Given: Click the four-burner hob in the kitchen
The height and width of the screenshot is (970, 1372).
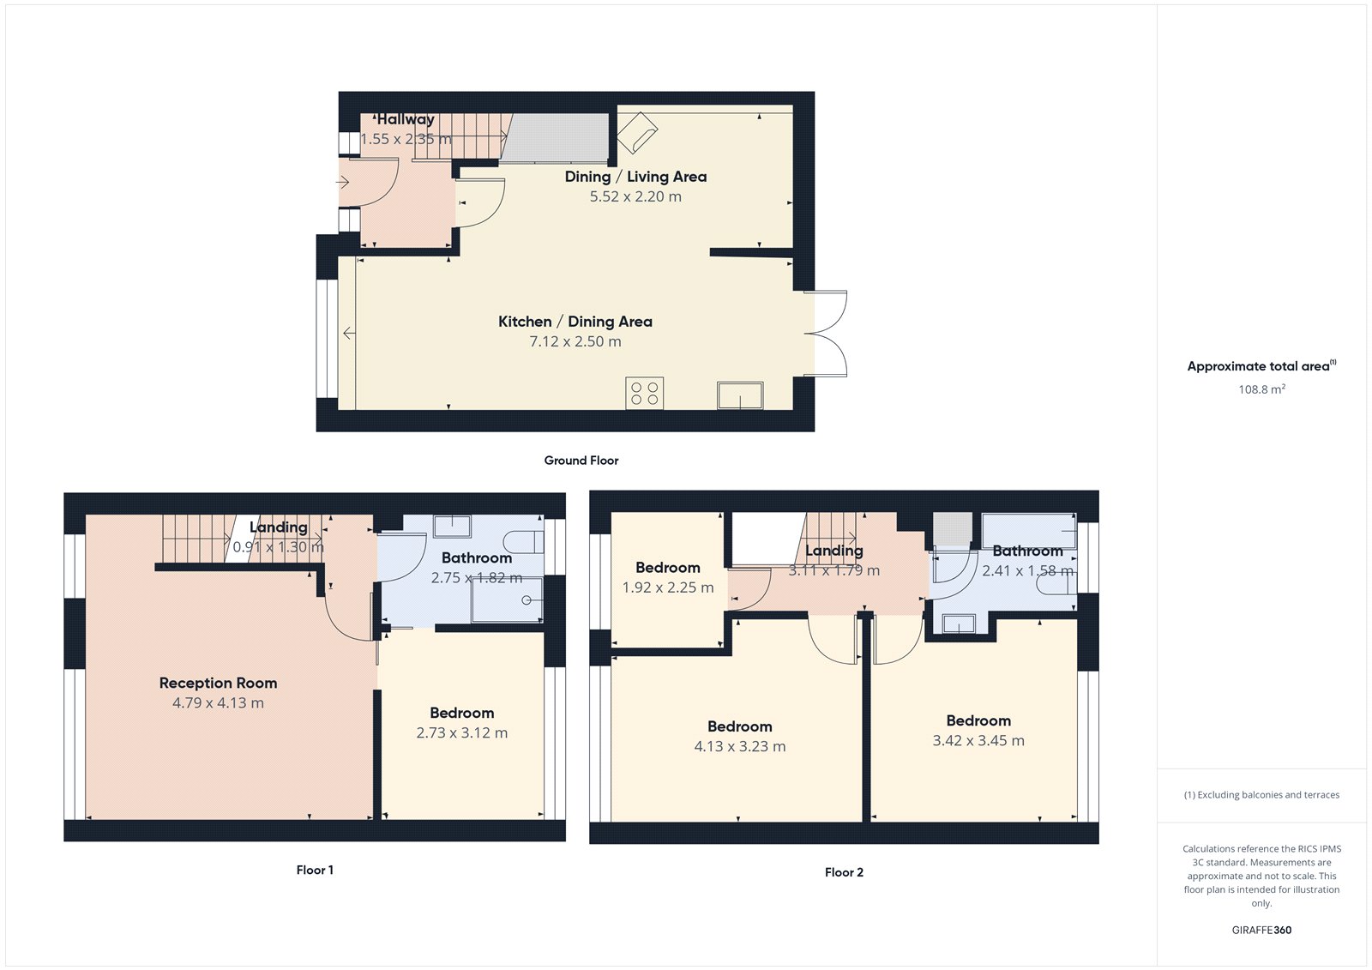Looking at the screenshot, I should (644, 394).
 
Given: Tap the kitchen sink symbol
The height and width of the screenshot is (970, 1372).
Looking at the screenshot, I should (740, 396).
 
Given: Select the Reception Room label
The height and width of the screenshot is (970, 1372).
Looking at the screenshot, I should (218, 684).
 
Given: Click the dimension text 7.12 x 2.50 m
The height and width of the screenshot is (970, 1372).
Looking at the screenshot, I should (575, 341).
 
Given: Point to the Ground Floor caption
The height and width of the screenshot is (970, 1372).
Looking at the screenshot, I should (581, 461).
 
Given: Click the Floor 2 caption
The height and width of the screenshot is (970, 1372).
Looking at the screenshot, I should (844, 872).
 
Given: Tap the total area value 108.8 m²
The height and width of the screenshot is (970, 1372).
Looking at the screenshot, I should (1261, 389).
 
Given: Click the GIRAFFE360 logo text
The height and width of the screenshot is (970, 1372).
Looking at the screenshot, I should (1261, 930).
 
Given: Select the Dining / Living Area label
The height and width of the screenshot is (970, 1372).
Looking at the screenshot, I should (635, 177).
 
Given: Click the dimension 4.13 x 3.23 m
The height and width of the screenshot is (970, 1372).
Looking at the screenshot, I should (739, 747).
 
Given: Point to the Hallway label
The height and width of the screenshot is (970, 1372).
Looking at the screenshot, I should (406, 119).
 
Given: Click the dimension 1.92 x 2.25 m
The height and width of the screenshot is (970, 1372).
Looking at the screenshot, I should (667, 587).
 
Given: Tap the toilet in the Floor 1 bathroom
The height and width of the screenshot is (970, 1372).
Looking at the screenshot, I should (523, 542).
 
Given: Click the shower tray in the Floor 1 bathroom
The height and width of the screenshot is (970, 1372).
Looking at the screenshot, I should (507, 599).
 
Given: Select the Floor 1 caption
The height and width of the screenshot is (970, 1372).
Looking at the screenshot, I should (315, 870).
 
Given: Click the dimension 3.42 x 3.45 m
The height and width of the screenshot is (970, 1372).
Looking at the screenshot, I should (978, 741).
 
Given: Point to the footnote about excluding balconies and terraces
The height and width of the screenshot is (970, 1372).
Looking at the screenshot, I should (1261, 795).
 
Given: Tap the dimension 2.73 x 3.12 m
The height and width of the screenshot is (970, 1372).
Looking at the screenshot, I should (461, 733).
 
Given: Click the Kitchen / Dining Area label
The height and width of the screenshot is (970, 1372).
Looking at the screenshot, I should (575, 322).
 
